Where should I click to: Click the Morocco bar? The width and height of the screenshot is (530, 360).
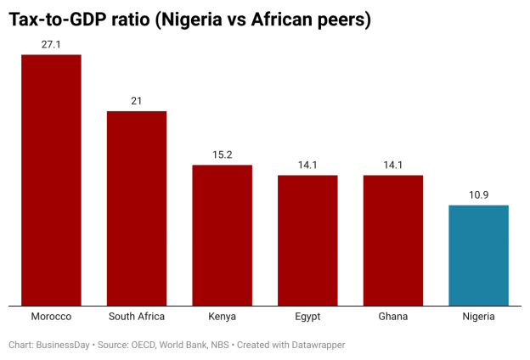(51, 180)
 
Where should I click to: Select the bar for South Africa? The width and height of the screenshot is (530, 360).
(137, 208)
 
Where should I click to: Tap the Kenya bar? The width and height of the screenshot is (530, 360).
(222, 235)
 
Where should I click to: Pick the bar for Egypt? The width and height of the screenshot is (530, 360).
(307, 240)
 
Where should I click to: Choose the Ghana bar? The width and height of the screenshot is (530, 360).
(393, 240)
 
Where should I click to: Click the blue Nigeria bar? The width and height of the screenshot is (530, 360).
(478, 255)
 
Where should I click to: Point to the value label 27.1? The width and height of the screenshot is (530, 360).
(51, 43)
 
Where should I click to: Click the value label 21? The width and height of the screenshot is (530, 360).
(137, 100)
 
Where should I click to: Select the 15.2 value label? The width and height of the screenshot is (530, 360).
(222, 155)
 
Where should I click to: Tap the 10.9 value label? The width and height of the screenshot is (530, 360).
(478, 194)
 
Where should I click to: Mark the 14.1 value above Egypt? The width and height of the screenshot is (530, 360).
(307, 165)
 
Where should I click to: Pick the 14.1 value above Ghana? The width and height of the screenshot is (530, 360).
(393, 165)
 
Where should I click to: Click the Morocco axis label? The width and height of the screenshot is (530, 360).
(51, 317)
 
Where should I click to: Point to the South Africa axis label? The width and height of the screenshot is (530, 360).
(137, 317)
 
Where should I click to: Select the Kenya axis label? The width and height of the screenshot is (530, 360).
(222, 317)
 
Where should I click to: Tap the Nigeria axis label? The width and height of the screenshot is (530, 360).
(478, 317)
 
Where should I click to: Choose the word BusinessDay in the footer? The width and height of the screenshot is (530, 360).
(65, 345)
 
